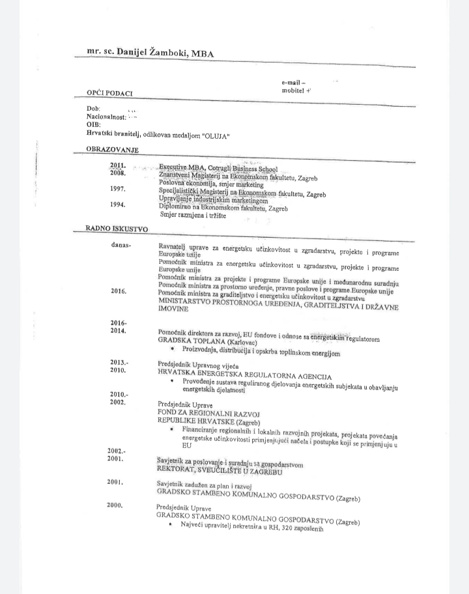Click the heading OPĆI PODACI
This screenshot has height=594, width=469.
pyautogui.click(x=109, y=94)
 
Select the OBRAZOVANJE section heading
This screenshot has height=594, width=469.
pyautogui.click(x=112, y=149)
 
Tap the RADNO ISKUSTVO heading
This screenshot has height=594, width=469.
pyautogui.click(x=117, y=229)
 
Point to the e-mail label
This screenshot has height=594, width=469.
pyautogui.click(x=292, y=83)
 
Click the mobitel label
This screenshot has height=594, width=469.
pyautogui.click(x=295, y=91)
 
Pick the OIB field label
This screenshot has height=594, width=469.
pyautogui.click(x=94, y=124)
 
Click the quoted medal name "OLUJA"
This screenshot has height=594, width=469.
pyautogui.click(x=216, y=135)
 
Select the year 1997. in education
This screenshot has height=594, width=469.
pyautogui.click(x=118, y=190)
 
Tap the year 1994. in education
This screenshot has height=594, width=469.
pyautogui.click(x=118, y=204)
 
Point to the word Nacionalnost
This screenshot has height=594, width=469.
pyautogui.click(x=106, y=117)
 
